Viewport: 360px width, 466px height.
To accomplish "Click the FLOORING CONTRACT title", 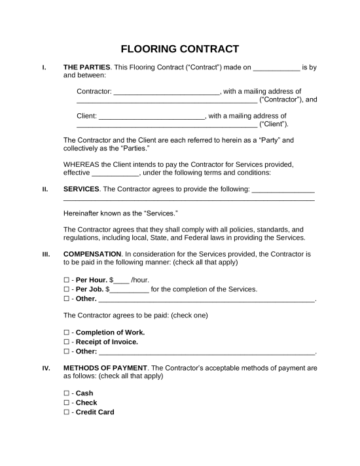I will (x=180, y=49).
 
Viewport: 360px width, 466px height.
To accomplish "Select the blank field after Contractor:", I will (x=167, y=92).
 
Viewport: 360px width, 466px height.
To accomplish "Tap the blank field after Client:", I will (x=152, y=116).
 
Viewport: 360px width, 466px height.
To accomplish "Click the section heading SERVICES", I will (x=81, y=189).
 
